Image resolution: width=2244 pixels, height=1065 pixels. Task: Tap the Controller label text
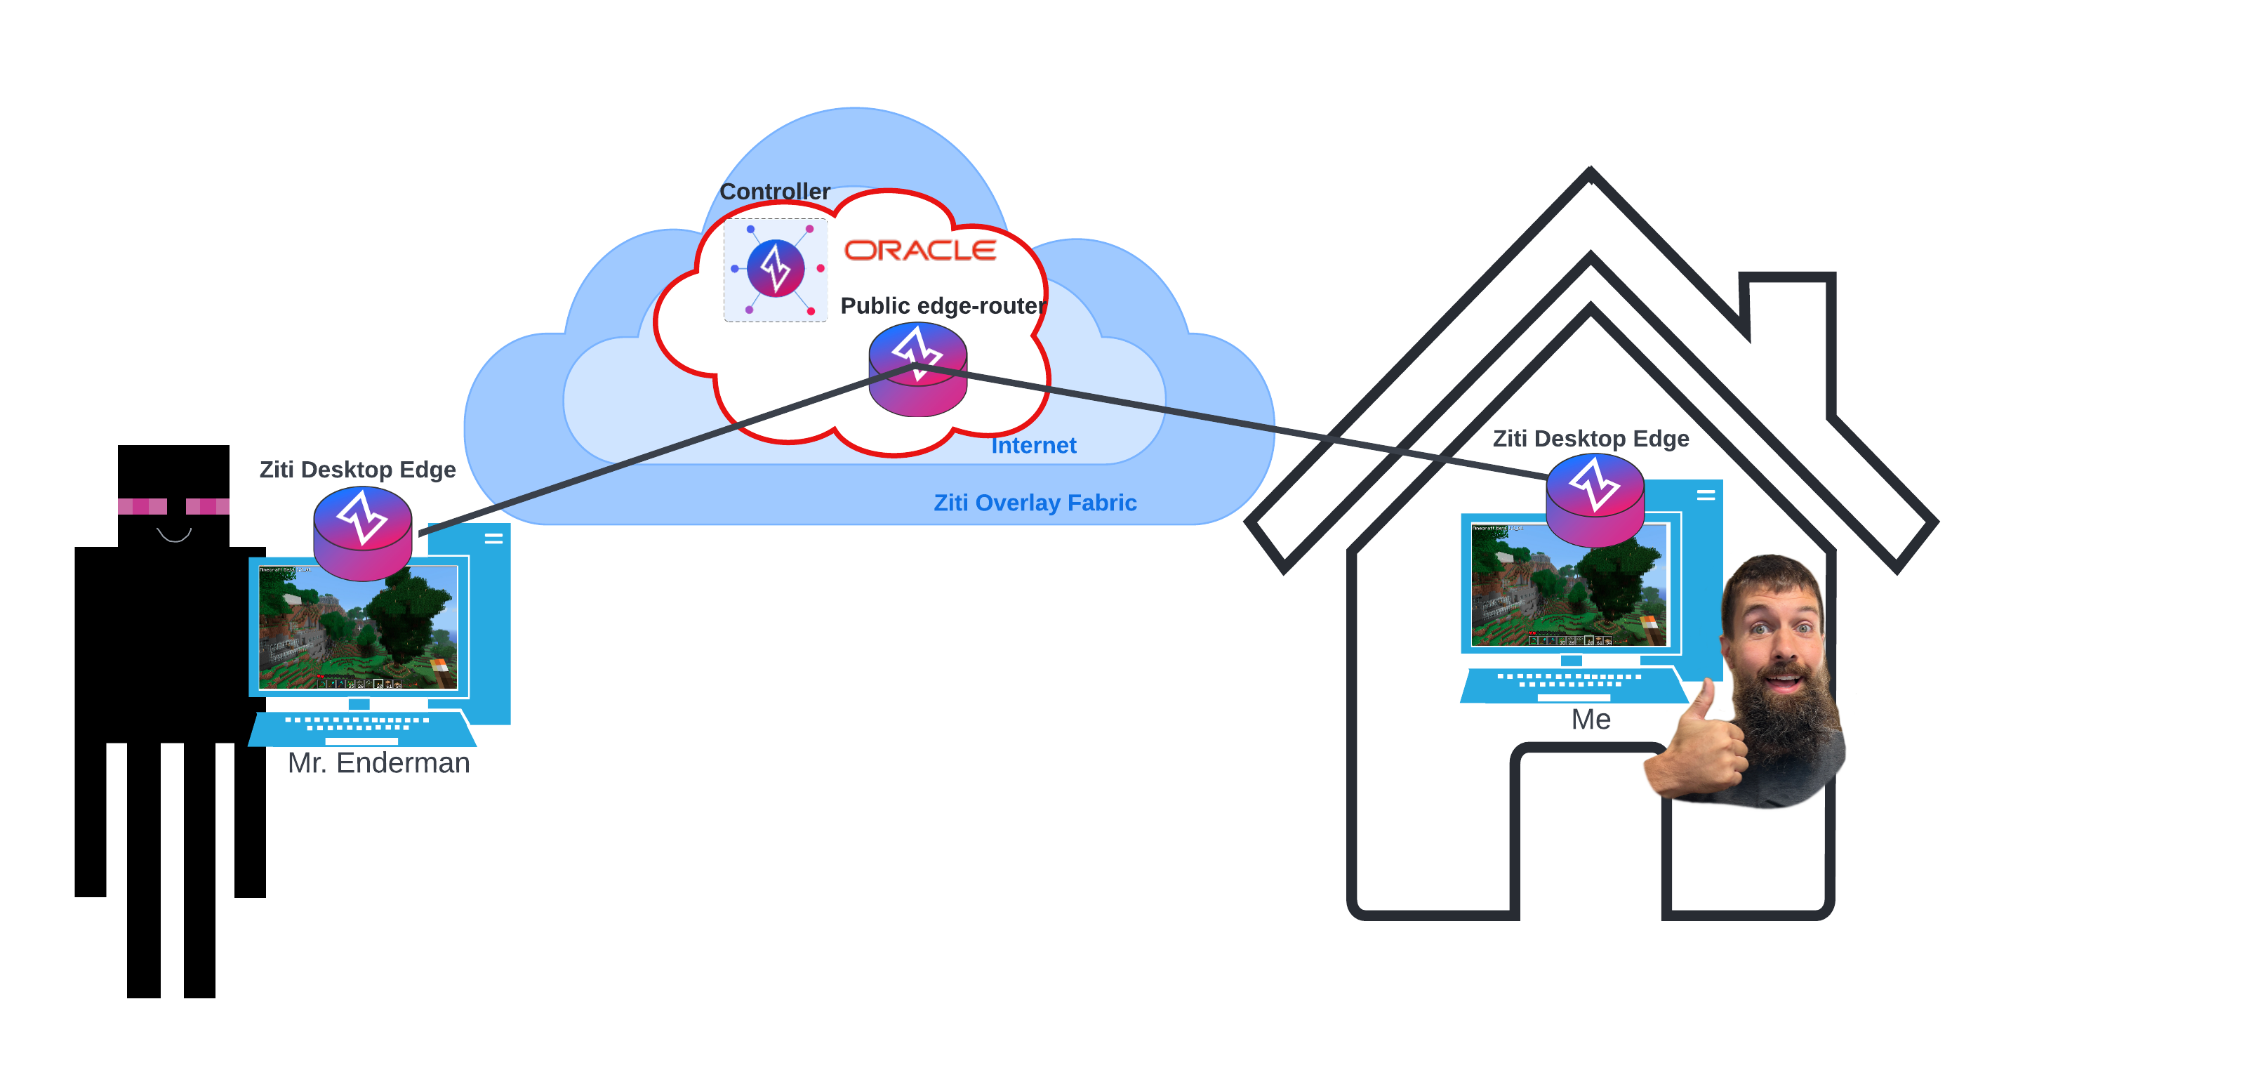774,191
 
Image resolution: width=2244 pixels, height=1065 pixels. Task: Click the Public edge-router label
943,306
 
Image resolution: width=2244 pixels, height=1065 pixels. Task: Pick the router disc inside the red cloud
917,371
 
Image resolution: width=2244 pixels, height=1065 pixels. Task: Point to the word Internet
1033,445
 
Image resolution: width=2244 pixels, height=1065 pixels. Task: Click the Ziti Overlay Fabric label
1035,503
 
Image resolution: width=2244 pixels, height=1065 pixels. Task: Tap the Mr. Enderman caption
378,763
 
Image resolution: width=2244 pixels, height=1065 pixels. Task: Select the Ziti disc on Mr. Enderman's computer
362,532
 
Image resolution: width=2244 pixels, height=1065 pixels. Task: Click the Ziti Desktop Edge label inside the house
1591,438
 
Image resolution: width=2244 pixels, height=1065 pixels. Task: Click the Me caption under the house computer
1591,719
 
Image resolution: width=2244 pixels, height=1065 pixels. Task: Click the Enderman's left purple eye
142,506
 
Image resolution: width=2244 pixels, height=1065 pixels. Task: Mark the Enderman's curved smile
174,535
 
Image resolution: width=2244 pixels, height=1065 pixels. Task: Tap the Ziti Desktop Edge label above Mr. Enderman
357,470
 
